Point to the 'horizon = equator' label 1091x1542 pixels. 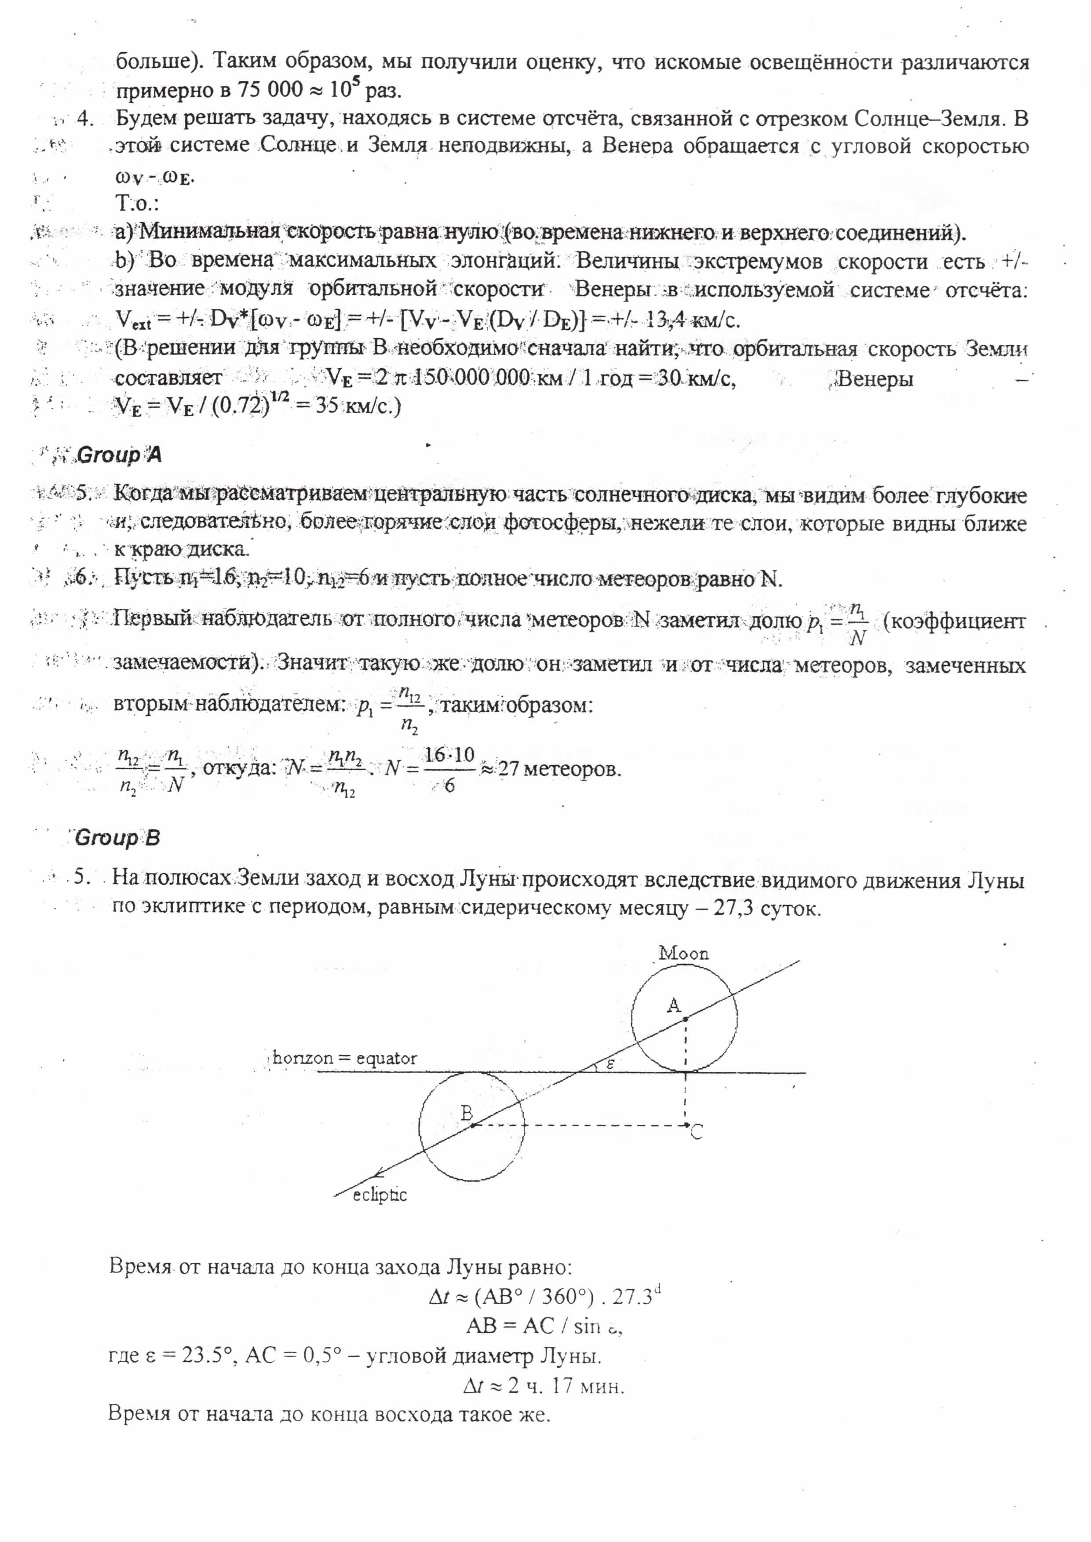[345, 1058]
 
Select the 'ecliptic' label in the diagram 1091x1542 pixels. [379, 1195]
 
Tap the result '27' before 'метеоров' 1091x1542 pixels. [508, 768]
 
